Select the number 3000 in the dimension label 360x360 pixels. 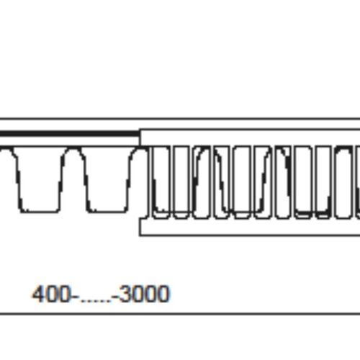(144, 294)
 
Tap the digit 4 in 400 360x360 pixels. (38, 294)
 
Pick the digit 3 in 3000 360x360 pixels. (123, 294)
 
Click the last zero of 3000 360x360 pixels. (164, 294)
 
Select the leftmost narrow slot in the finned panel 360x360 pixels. (161, 180)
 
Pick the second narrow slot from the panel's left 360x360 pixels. (181, 180)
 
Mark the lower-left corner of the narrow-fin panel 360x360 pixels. (141, 235)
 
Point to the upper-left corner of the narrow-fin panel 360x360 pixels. (141, 130)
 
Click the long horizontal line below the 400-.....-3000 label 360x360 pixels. (180, 314)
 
